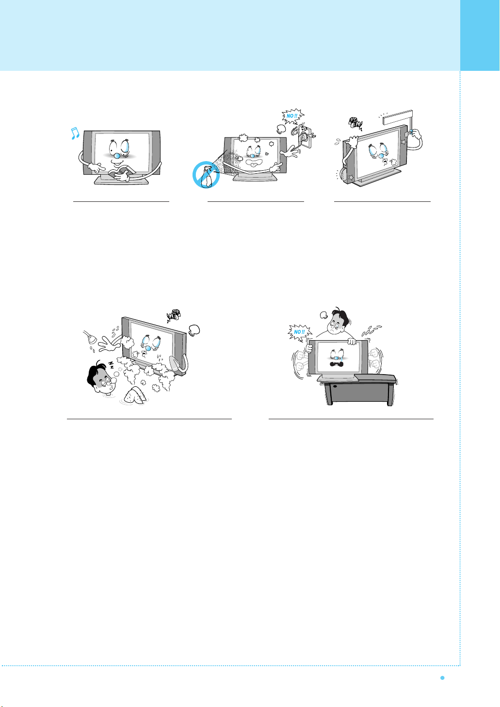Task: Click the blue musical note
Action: [75, 133]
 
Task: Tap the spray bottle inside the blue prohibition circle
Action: [206, 177]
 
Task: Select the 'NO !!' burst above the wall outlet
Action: [293, 116]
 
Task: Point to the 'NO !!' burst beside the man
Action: [299, 332]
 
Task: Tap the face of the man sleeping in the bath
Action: [106, 383]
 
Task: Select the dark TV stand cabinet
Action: [359, 390]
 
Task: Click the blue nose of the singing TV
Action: [117, 156]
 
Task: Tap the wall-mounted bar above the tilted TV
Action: [398, 117]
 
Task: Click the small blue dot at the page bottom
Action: [442, 678]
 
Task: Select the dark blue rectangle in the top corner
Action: [480, 35]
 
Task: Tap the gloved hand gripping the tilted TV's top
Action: [353, 142]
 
